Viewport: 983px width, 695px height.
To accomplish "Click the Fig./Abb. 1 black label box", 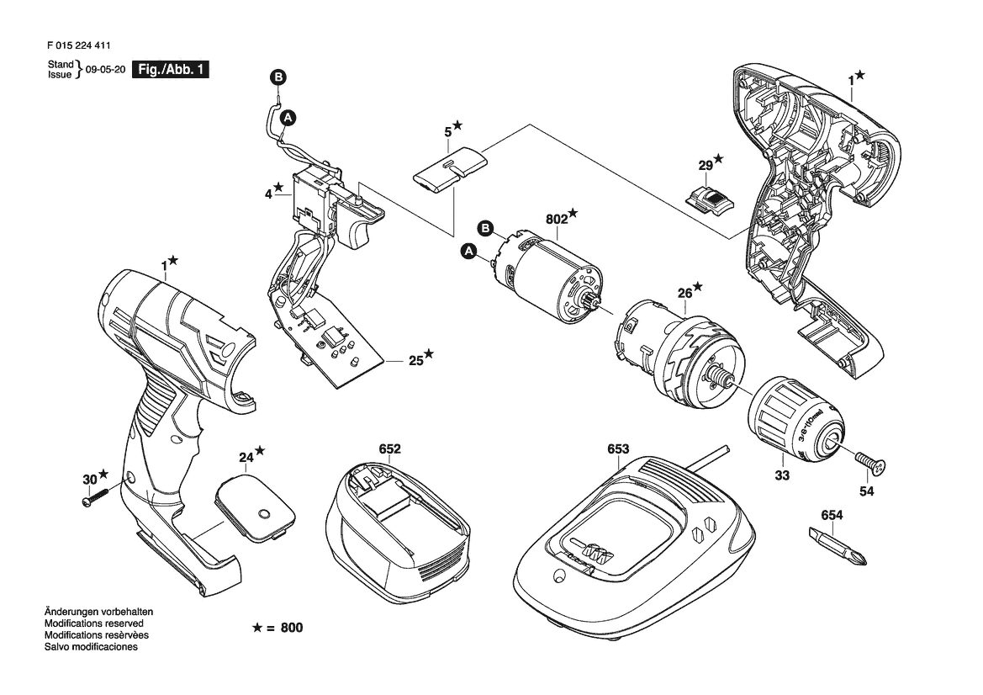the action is tap(170, 70).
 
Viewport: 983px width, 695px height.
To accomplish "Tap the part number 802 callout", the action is tap(556, 219).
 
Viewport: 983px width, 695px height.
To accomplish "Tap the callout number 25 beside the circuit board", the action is tap(416, 361).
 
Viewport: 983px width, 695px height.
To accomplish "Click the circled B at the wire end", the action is tap(278, 77).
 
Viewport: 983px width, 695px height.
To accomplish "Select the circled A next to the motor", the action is tap(468, 252).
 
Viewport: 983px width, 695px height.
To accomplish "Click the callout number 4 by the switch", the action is tap(268, 194).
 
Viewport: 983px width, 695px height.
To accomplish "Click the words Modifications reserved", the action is tap(93, 623).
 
